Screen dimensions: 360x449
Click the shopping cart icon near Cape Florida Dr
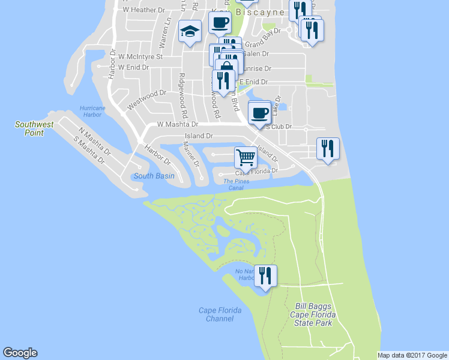pos(246,157)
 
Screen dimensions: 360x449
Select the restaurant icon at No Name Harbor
pos(265,275)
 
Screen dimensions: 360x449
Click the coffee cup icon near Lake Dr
pos(259,112)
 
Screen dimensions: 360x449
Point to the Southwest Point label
pos(34,128)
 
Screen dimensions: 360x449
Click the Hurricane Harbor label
pos(91,111)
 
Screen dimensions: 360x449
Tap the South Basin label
pos(154,176)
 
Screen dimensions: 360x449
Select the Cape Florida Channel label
pos(220,314)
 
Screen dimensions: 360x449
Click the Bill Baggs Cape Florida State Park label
pos(313,314)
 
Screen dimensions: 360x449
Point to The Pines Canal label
pos(237,184)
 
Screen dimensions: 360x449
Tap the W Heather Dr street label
pos(143,10)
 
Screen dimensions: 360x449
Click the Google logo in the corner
pos(20,353)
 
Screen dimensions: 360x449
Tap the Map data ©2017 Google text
pos(412,355)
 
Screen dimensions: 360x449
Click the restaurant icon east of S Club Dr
pos(328,148)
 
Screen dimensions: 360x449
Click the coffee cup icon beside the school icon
pos(220,23)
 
